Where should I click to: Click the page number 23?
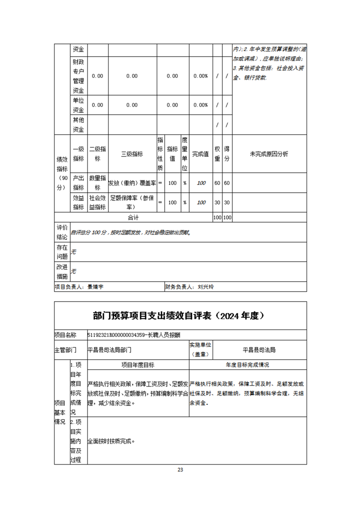pos(180,470)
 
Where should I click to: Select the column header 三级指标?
pos(132,154)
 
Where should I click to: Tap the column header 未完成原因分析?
pos(269,154)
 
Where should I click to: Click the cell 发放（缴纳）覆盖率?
pos(132,183)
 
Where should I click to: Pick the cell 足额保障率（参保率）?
pos(132,202)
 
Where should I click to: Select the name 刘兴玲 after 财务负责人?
pos(205,287)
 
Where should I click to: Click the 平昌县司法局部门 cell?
pos(109,350)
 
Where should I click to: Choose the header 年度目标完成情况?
pos(248,365)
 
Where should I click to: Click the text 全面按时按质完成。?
pos(111,440)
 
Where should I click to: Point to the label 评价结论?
pos(62,232)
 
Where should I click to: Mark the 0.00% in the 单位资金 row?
pos(200,105)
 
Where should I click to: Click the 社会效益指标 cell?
pos(98,202)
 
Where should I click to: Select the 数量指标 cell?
pos(98,183)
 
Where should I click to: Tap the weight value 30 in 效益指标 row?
pos(217,203)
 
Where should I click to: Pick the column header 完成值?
pos(200,154)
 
